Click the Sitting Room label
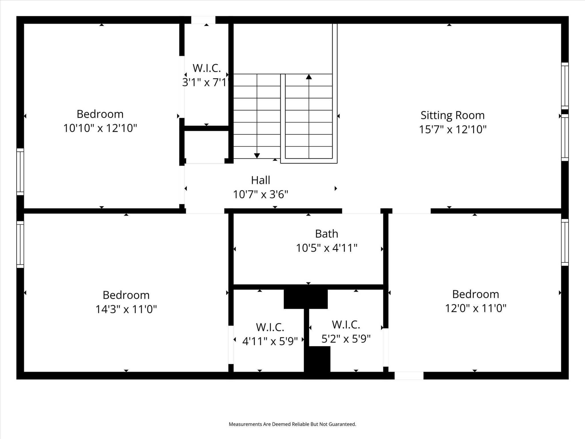(x=452, y=115)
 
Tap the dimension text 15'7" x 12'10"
(x=452, y=129)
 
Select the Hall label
(x=261, y=180)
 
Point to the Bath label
(x=326, y=234)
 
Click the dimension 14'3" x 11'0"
(x=126, y=309)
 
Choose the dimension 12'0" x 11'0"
(x=476, y=308)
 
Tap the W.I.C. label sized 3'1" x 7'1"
(x=207, y=68)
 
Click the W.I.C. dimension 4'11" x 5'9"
(x=270, y=341)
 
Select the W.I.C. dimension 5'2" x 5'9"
(x=346, y=339)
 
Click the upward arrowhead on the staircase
(x=309, y=77)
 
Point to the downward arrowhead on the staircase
(x=257, y=156)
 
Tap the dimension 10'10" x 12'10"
(x=100, y=128)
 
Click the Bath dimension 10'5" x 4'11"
(x=326, y=248)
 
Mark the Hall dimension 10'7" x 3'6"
(x=261, y=195)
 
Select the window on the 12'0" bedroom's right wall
(x=565, y=242)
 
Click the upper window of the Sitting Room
(x=565, y=86)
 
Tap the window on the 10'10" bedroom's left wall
(x=20, y=172)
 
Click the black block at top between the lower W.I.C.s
(x=306, y=299)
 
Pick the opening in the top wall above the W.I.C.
(x=203, y=20)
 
